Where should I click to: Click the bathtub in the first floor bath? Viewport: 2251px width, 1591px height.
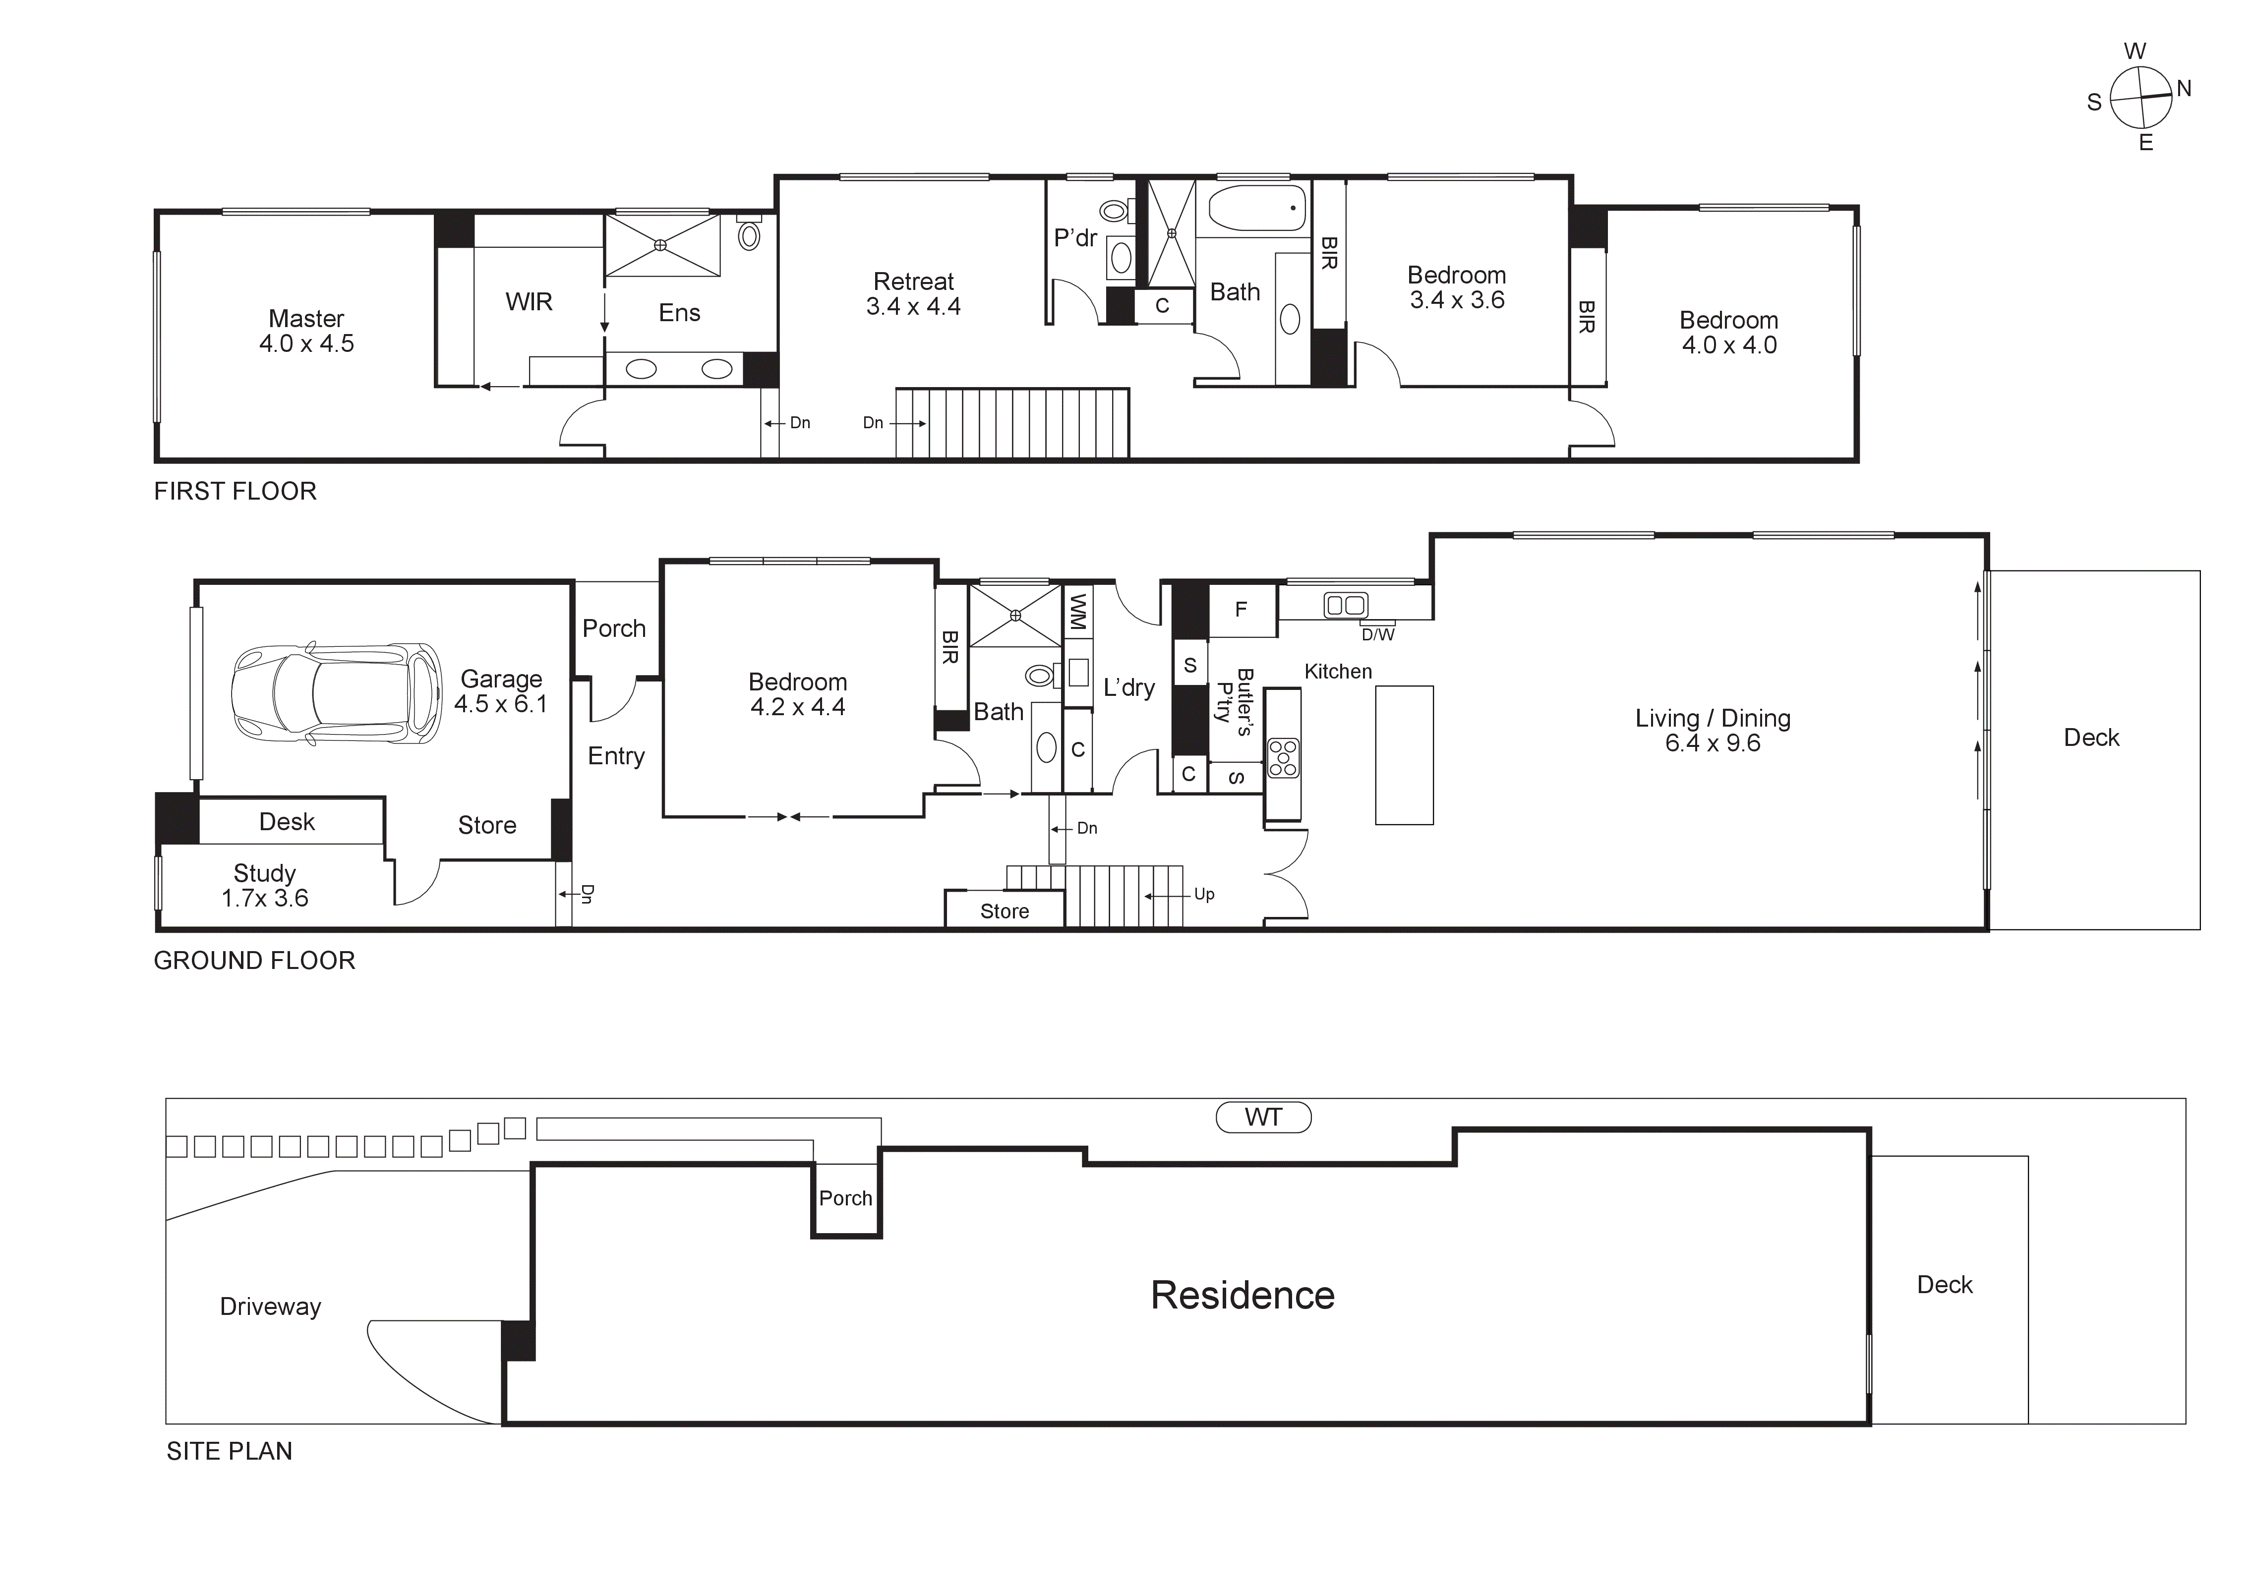pos(1257,207)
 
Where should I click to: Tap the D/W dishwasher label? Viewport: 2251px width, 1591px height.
pos(1377,635)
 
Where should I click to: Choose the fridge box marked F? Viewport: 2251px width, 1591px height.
pos(1241,610)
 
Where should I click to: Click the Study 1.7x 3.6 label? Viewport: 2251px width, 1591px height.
pos(265,885)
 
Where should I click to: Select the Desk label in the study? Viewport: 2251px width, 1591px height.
pos(287,821)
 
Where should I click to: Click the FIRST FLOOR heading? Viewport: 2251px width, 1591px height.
pos(236,491)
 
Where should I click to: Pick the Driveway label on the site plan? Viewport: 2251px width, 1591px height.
pos(271,1307)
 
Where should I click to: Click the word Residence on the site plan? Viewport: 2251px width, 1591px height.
pos(1242,1295)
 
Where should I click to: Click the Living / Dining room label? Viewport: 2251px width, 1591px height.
pos(1713,730)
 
